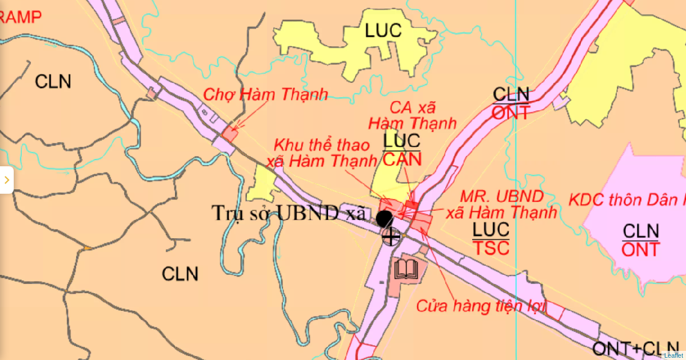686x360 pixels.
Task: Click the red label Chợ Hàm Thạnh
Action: click(266, 94)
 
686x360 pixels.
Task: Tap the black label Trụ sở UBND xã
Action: click(288, 213)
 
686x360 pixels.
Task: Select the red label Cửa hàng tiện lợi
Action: click(481, 306)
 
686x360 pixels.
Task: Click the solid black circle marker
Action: click(384, 218)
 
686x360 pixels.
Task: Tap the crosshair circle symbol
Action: click(391, 236)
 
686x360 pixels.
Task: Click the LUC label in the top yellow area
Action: click(384, 31)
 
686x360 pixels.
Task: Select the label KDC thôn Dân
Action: click(627, 199)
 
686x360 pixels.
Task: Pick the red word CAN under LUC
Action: click(402, 159)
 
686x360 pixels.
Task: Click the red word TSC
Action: click(491, 248)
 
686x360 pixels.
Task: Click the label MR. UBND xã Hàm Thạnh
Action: click(501, 205)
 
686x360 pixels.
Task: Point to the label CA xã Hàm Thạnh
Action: click(412, 115)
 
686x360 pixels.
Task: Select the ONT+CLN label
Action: click(635, 349)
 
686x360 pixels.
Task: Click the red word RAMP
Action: click(21, 17)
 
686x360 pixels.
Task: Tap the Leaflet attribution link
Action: click(673, 355)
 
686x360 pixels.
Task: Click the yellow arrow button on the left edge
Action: click(6, 180)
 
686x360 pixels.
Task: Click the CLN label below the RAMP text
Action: click(53, 81)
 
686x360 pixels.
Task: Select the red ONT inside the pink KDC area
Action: click(640, 250)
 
